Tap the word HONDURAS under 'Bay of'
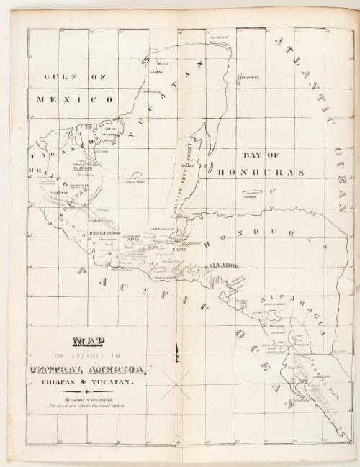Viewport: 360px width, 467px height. pyautogui.click(x=263, y=172)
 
